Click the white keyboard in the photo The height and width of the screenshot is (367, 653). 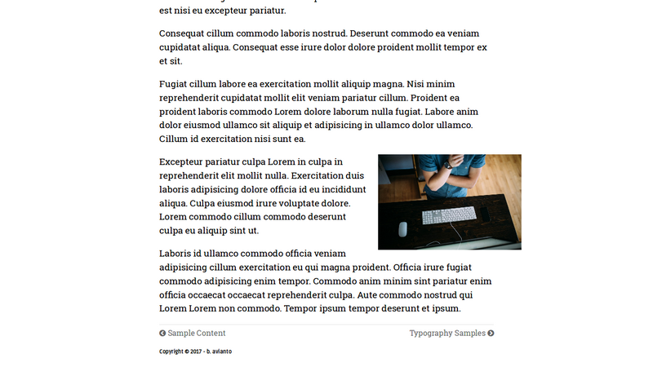point(448,214)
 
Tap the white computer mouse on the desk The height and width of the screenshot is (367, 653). point(402,228)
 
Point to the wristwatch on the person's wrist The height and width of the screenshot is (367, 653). point(447,165)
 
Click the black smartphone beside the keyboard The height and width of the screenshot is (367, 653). point(485,214)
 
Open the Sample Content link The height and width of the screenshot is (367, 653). point(197,333)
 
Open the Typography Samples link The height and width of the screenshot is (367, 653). point(447,333)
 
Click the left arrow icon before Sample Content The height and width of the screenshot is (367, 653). point(162,333)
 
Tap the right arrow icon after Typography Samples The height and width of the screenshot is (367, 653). point(491,333)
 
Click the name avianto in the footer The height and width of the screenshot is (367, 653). point(221,352)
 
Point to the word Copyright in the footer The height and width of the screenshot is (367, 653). point(171,352)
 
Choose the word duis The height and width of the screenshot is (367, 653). point(354,175)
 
